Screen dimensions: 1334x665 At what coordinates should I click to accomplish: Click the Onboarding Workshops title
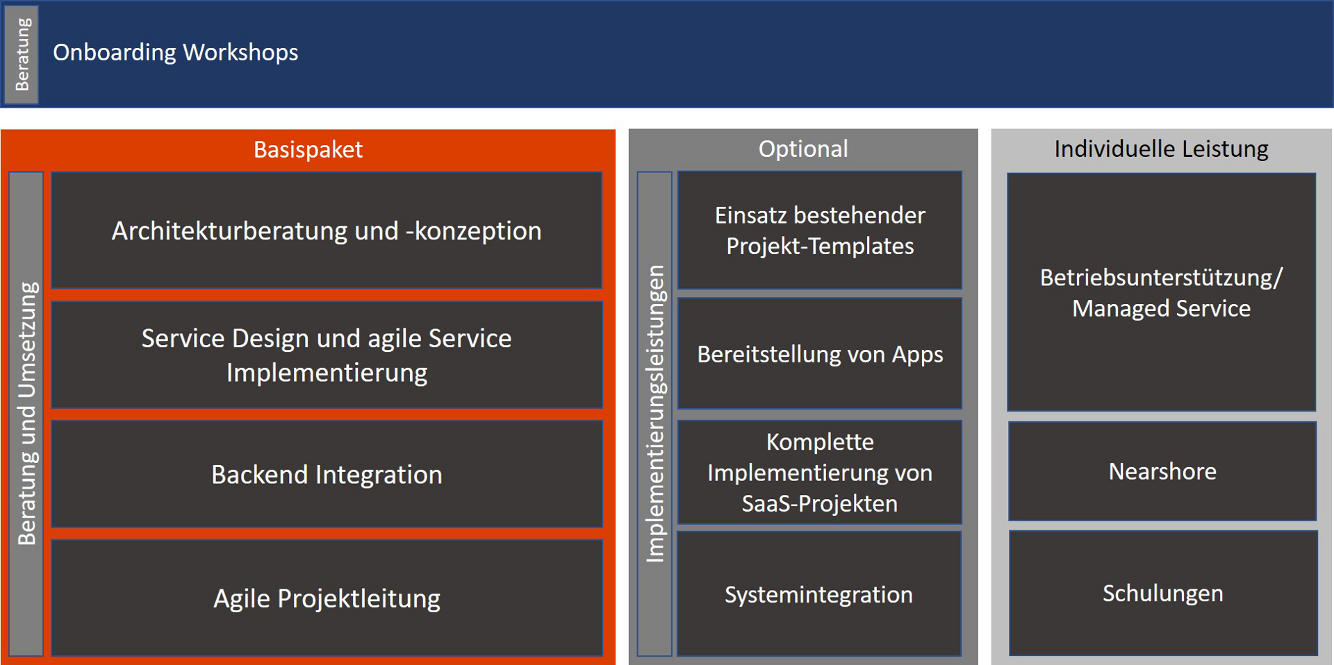[x=175, y=53]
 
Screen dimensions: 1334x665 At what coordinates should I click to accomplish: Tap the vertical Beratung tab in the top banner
[x=22, y=54]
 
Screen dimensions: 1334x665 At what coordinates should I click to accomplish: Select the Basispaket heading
[x=308, y=149]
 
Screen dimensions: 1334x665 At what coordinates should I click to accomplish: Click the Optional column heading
[x=803, y=149]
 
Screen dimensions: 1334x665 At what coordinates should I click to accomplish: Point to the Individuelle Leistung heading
[x=1161, y=149]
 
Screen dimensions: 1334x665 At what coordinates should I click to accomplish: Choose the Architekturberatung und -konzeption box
[x=327, y=230]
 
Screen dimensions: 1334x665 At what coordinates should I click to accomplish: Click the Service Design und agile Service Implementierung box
[x=327, y=355]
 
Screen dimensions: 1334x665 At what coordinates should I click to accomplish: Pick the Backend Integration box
[x=327, y=474]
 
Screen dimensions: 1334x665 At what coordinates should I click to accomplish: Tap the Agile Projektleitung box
[x=327, y=598]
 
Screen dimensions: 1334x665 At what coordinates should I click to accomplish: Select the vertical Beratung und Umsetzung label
[x=26, y=414]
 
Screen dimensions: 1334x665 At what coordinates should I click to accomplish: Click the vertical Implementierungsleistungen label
[x=654, y=414]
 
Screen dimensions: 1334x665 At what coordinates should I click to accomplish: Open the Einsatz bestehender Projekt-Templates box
[x=820, y=230]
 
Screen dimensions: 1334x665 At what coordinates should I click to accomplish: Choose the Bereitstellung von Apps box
[x=820, y=353]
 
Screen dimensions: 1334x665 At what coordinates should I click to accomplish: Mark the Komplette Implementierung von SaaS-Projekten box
[x=820, y=472]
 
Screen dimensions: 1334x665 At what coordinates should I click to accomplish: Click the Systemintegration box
[x=820, y=594]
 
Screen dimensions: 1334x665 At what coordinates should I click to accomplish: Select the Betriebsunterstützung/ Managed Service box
[x=1162, y=292]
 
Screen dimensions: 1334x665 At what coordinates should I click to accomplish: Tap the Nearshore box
[x=1162, y=471]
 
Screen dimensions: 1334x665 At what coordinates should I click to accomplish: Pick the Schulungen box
[x=1163, y=594]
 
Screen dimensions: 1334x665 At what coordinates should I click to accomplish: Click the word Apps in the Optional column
[x=917, y=355]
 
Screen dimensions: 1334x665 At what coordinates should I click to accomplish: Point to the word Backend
[x=259, y=475]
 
